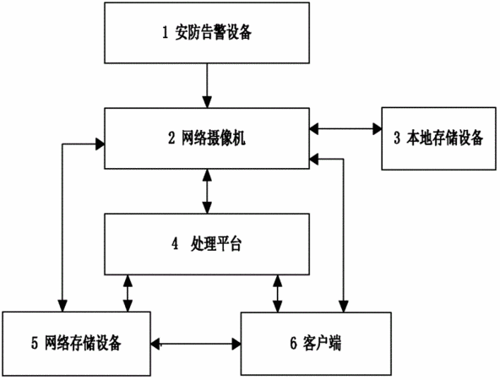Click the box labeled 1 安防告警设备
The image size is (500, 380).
[207, 33]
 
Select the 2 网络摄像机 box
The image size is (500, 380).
[207, 138]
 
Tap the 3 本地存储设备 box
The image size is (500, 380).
[439, 138]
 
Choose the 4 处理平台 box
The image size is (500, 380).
[207, 244]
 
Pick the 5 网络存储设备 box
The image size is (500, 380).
[77, 344]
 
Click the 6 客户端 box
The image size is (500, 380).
[316, 344]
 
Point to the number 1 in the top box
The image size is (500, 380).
[166, 33]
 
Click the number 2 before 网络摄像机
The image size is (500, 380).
[171, 138]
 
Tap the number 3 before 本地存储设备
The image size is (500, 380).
[397, 138]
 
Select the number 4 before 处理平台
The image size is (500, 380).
[175, 244]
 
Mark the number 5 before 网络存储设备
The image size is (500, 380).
[35, 343]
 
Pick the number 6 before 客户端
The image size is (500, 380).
[294, 343]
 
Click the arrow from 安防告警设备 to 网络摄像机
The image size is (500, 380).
[207, 86]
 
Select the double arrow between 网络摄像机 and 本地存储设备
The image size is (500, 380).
[345, 129]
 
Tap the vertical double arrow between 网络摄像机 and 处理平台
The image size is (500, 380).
[207, 192]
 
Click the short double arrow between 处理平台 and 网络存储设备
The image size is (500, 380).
[128, 293]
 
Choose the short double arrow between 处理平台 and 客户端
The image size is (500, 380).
[278, 294]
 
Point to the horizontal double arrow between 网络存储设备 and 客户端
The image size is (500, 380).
[196, 344]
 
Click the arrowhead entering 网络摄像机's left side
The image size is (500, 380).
[101, 144]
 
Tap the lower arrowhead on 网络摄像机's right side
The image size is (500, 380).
[314, 159]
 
